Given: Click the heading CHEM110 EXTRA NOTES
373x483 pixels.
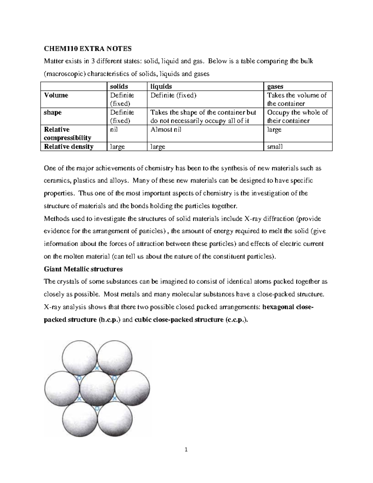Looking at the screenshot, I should click(x=88, y=49).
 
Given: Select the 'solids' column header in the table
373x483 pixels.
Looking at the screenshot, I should click(x=119, y=86).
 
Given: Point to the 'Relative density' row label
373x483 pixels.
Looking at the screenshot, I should click(x=69, y=146).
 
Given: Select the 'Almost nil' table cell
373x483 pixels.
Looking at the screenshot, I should click(x=166, y=129).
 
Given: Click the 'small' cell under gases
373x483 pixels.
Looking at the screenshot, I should click(x=275, y=146).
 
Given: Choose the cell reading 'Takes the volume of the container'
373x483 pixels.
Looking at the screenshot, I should click(x=297, y=99).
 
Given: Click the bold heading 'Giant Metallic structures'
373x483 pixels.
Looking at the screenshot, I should click(x=83, y=269).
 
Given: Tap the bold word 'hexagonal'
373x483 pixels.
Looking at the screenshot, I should click(x=278, y=307).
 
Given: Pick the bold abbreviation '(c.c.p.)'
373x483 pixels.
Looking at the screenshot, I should click(x=237, y=320).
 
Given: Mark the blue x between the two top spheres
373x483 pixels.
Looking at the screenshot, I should click(x=97, y=368).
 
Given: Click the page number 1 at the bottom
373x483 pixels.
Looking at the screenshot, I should click(x=186, y=449).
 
